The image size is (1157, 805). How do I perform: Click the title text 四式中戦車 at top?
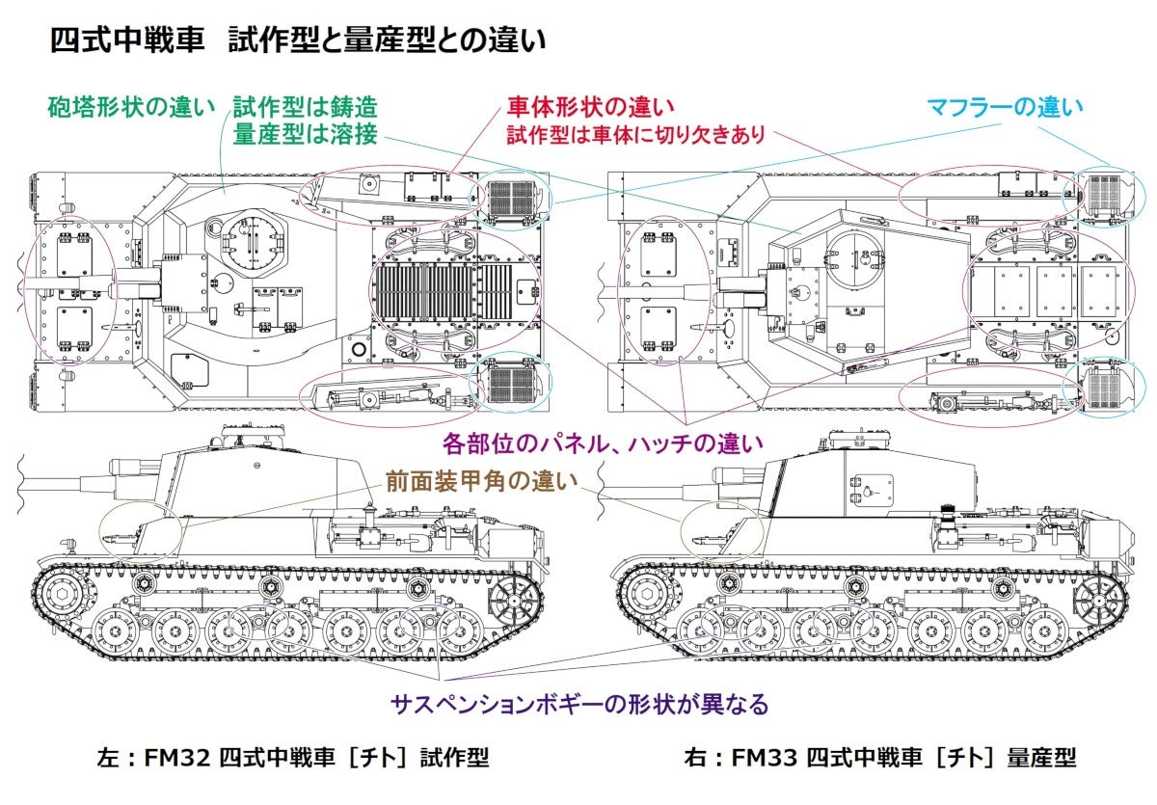click(x=130, y=41)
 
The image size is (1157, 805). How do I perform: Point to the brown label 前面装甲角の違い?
click(x=470, y=479)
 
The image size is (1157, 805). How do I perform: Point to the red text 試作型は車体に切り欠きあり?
click(x=636, y=134)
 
